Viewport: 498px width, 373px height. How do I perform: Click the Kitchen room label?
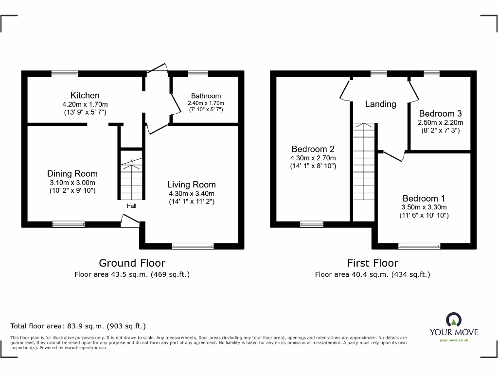click(x=85, y=95)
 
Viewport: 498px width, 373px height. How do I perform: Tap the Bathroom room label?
click(x=206, y=96)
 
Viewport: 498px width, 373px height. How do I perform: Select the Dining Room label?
click(x=72, y=173)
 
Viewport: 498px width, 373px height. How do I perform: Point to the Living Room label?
click(x=191, y=185)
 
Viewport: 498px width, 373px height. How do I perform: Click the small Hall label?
click(x=132, y=206)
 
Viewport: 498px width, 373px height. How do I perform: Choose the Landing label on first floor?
click(x=380, y=104)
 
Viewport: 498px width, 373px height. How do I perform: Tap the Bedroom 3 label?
click(x=441, y=113)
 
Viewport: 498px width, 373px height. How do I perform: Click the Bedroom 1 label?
click(x=424, y=198)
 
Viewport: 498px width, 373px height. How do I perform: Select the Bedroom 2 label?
click(x=313, y=149)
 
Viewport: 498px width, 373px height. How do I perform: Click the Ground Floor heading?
click(x=132, y=263)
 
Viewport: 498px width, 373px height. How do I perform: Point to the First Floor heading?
click(x=373, y=263)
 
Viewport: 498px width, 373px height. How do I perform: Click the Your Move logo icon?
click(x=453, y=320)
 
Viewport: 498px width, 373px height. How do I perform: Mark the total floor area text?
click(x=78, y=326)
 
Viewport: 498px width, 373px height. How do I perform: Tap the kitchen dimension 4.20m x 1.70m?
click(x=85, y=104)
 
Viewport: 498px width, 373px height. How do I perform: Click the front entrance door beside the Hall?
click(x=130, y=221)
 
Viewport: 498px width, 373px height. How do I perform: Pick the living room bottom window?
click(x=193, y=246)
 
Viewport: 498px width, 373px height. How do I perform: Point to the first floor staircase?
click(x=364, y=170)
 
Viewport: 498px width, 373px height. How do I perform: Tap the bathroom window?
click(x=197, y=74)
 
